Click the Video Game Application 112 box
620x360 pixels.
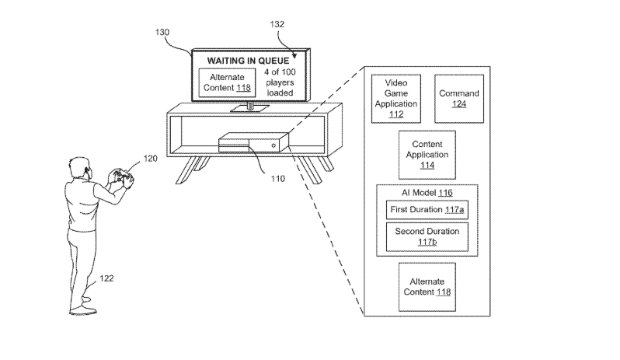tap(395, 99)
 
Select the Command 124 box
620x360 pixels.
tap(458, 99)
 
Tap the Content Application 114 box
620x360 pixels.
tap(427, 155)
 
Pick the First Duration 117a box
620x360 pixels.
tap(427, 210)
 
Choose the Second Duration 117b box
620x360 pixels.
tap(427, 237)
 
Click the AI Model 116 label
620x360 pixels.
tap(427, 193)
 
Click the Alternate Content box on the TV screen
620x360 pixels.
tap(227, 82)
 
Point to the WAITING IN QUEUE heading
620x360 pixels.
tap(248, 61)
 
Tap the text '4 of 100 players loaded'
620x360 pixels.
tap(280, 82)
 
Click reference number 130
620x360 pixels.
tap(162, 32)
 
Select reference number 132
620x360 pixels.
tap(277, 24)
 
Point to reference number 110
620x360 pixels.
tap(277, 179)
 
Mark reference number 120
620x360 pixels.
tap(150, 159)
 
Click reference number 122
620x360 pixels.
tap(106, 278)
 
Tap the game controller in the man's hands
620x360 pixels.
tap(121, 176)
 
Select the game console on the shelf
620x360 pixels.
tap(253, 142)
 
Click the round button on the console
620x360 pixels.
tap(273, 145)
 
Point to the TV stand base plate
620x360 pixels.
tap(250, 108)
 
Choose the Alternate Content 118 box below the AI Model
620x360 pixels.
tap(427, 287)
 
